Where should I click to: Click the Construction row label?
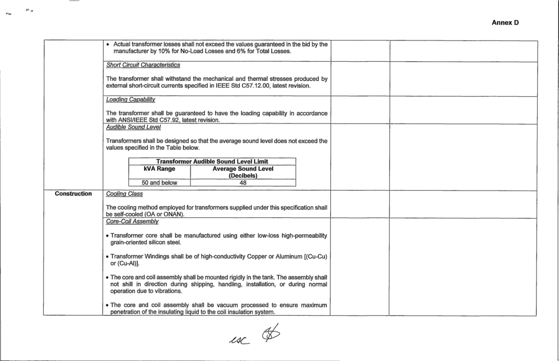tap(74, 193)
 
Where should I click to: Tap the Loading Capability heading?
tap(128, 99)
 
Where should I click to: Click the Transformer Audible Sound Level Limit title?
tap(211, 161)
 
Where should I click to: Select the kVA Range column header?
tap(159, 169)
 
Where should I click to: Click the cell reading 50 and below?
tap(159, 183)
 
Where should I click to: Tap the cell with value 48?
tap(243, 183)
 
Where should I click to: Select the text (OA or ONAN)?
tap(163, 214)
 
